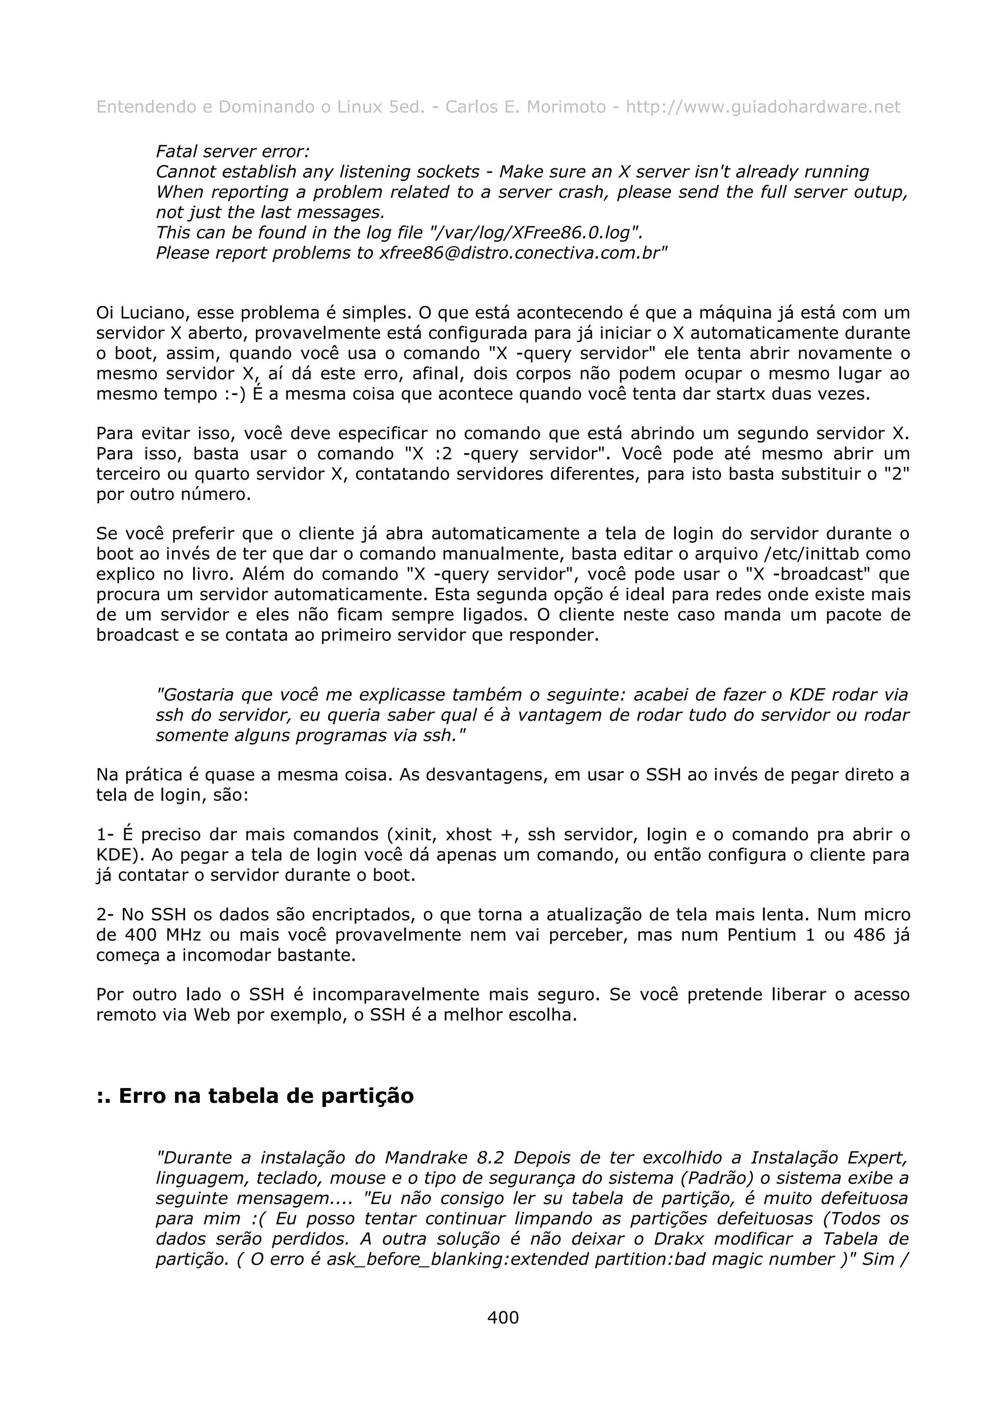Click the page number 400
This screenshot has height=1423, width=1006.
(x=503, y=1317)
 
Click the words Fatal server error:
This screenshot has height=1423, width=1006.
(x=232, y=151)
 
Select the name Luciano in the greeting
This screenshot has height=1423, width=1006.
(x=154, y=312)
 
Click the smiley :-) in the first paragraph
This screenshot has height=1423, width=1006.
(x=237, y=394)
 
